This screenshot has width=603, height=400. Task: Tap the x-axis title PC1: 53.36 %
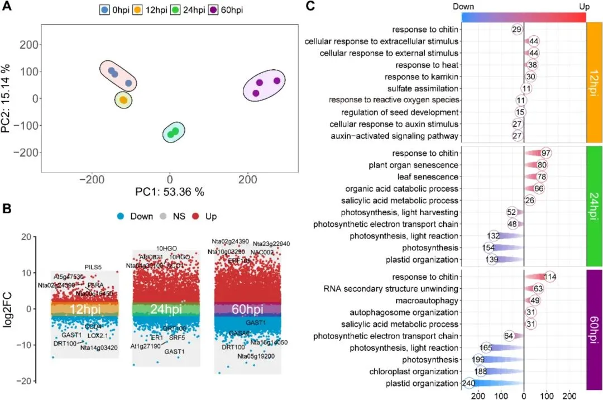click(170, 192)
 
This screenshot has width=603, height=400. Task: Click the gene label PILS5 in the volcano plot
click(93, 267)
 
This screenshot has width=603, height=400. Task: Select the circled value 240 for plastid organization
click(468, 383)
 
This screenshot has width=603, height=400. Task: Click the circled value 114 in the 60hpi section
click(550, 277)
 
